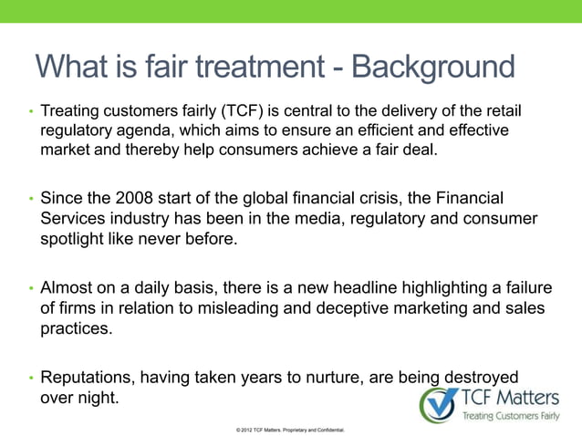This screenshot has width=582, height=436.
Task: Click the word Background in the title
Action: (433, 67)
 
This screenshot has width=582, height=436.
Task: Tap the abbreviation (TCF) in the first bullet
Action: (245, 111)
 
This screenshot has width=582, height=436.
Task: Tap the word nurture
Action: (348, 378)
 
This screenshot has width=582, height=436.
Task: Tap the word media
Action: (305, 220)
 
